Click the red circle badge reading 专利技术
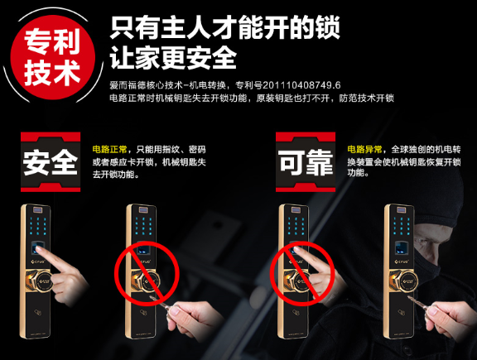(x=53, y=57)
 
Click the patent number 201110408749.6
(x=301, y=85)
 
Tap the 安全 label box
(x=51, y=161)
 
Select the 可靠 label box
(x=306, y=161)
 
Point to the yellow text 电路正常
(x=110, y=150)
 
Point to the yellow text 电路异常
(x=364, y=150)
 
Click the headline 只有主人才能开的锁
(x=224, y=28)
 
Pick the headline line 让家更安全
(x=173, y=57)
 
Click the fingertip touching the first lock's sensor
(x=39, y=249)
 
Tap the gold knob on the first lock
(x=39, y=281)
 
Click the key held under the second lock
(x=159, y=301)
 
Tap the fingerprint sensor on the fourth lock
(x=400, y=247)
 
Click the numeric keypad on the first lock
(x=37, y=226)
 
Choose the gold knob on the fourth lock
(x=402, y=281)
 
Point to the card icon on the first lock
(x=37, y=312)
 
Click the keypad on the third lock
(x=296, y=226)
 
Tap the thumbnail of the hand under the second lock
(x=176, y=310)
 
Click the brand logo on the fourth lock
(x=402, y=262)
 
